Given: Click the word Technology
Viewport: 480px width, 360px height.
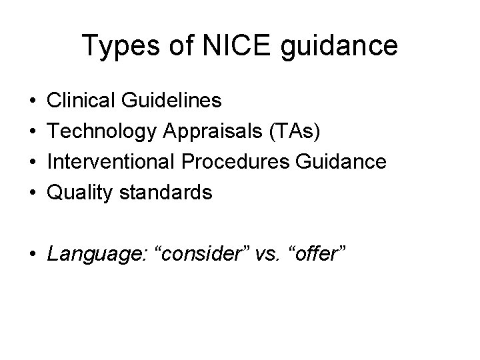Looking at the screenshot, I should point(103,131).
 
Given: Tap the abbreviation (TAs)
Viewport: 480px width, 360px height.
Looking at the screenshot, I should point(298,131).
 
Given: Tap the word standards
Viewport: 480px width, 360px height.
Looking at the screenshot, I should point(164,193).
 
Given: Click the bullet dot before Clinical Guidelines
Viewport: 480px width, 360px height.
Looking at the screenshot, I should point(32,101).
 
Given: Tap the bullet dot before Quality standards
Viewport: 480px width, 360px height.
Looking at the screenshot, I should point(32,193).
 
